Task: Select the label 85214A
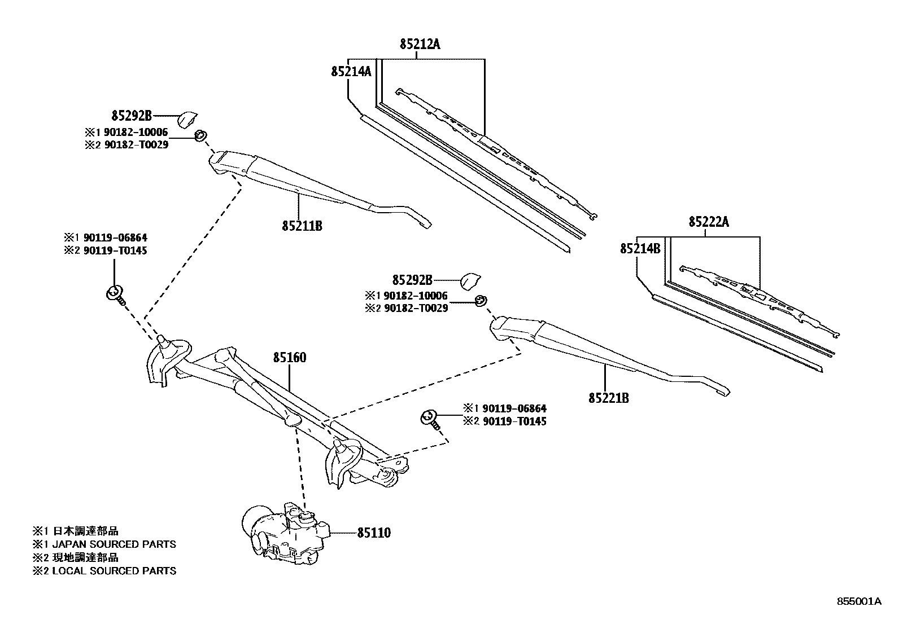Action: [351, 72]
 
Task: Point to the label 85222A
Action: [708, 222]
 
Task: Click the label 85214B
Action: [640, 248]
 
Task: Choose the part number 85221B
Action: [608, 398]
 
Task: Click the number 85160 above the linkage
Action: [290, 357]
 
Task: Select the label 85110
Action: [373, 533]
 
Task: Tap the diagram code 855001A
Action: [858, 601]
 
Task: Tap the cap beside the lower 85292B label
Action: [470, 280]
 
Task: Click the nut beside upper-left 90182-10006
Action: [200, 136]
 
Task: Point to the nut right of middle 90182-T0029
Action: [480, 300]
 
